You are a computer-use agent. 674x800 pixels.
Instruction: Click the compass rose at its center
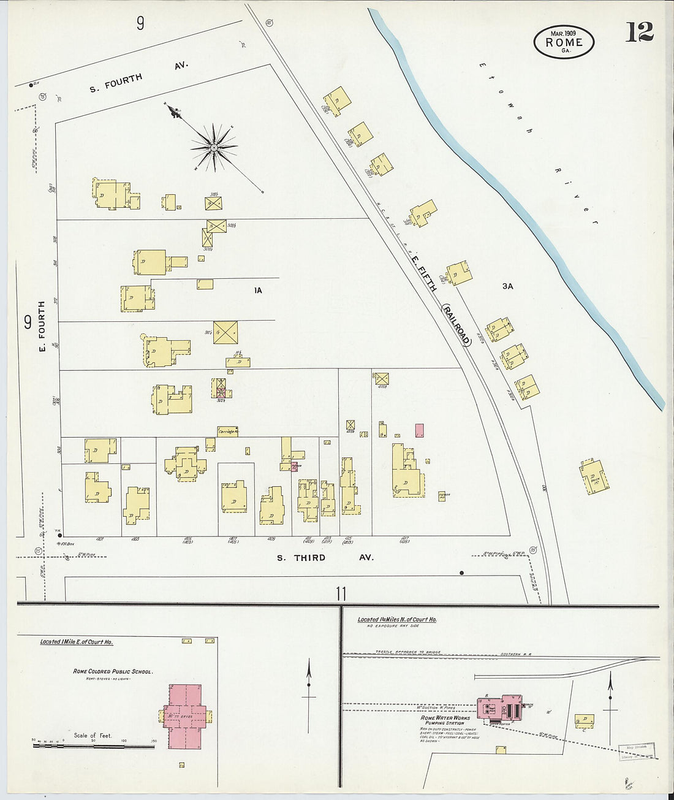point(214,147)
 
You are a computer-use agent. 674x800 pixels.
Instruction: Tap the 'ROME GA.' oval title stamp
point(563,42)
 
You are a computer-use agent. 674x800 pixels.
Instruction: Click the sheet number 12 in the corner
point(639,32)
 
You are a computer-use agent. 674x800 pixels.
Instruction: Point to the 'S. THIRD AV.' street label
point(325,558)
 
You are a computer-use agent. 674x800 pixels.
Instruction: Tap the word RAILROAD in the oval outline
point(456,325)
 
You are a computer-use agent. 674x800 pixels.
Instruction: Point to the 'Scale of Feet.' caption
point(93,735)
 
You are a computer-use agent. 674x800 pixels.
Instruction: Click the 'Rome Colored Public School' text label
point(113,671)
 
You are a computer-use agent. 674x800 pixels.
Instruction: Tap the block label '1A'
point(258,291)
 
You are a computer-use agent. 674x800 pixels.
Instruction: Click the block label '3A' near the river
point(507,286)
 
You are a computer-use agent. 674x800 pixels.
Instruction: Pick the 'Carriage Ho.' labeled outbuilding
point(227,432)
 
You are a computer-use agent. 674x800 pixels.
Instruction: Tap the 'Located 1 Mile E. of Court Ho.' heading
point(77,642)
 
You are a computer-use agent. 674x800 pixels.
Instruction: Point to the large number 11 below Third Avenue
point(341,593)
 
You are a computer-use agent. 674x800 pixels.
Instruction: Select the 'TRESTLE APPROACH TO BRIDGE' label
point(407,652)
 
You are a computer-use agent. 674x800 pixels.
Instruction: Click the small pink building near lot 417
point(419,430)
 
